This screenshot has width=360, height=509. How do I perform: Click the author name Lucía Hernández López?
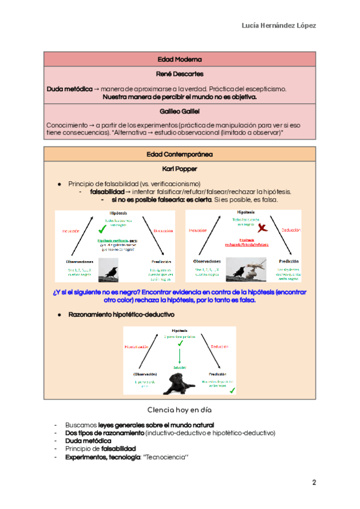[278, 25]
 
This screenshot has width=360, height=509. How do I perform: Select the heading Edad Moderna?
[179, 59]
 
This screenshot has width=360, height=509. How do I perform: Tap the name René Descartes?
[179, 74]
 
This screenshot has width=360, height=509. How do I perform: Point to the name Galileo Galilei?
[179, 112]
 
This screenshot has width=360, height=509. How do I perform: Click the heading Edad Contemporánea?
[179, 155]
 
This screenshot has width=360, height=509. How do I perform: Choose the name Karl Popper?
[179, 169]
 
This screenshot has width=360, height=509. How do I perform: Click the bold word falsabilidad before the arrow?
[107, 191]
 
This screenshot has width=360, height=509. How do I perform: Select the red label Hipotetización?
[136, 347]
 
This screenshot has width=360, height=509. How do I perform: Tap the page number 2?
[313, 483]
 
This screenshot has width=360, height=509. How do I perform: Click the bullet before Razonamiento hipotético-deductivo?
[59, 315]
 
